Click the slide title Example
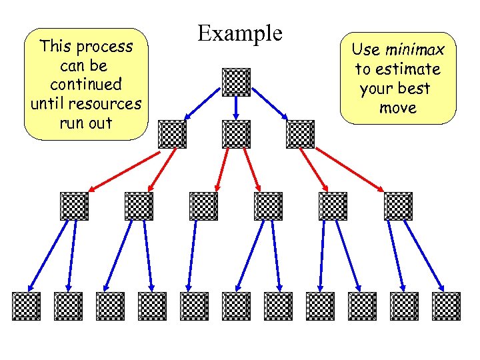[240, 33]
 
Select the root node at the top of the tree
[236, 82]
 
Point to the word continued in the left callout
[85, 85]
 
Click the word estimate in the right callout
[407, 69]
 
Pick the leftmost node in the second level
[172, 134]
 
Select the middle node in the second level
[236, 134]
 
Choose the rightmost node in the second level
[300, 134]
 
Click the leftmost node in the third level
[74, 206]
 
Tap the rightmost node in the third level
[398, 206]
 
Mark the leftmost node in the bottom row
[26, 306]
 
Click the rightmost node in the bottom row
[446, 306]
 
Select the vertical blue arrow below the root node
[236, 108]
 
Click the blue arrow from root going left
[203, 108]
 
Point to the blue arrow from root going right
[269, 108]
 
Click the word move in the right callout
[397, 108]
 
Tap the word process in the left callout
[105, 47]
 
